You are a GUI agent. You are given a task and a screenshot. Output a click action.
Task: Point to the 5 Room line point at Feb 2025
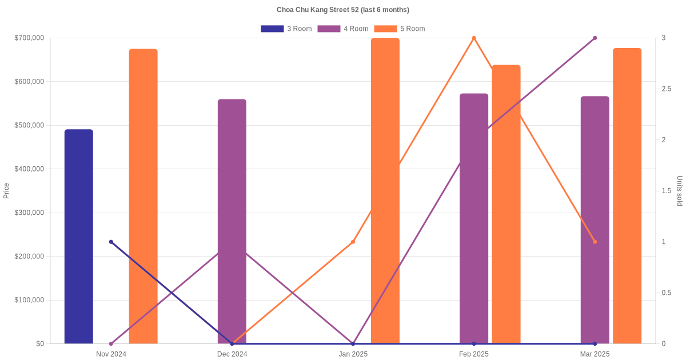[x=474, y=38]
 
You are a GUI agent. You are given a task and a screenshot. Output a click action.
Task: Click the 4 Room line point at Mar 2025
[x=595, y=38]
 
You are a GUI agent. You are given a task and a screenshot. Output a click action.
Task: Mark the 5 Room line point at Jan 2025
[x=353, y=242]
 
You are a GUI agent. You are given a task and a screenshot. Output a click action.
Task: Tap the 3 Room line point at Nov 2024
[x=111, y=242]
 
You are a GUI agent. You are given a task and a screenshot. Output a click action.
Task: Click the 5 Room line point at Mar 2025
[x=595, y=242]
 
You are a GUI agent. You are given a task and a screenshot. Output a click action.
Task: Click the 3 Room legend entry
[x=286, y=29]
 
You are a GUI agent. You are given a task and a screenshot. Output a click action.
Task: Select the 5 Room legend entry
[x=400, y=29]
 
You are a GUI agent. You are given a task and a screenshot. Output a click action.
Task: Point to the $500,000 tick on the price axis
[x=30, y=125]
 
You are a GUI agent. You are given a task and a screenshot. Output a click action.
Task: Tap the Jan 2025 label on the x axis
[x=353, y=354]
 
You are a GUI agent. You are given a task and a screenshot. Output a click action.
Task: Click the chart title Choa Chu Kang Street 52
[x=343, y=10]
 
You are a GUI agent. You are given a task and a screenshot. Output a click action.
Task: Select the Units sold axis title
[x=680, y=191]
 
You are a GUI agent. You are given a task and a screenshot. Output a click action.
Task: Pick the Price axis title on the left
[x=6, y=191]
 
